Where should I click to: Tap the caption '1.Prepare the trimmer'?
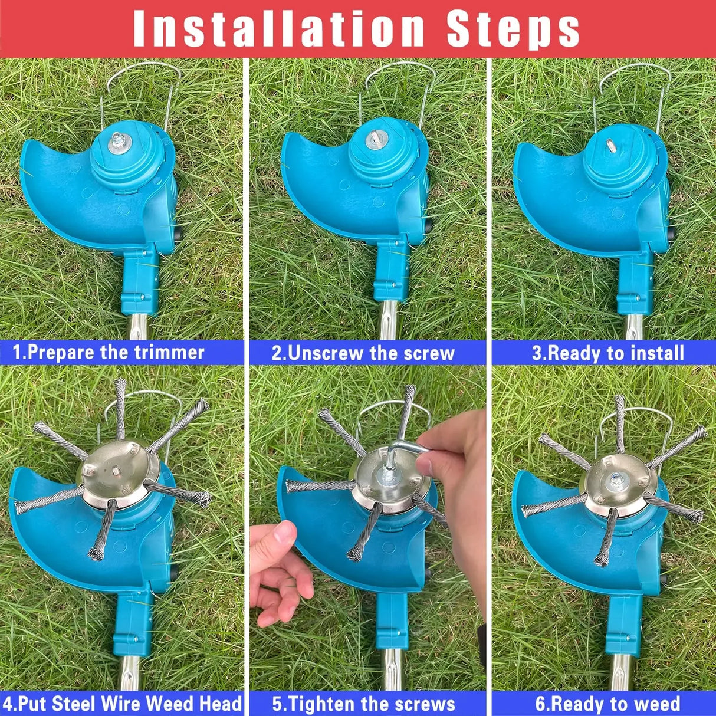pyautogui.click(x=109, y=353)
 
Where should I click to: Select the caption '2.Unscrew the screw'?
pyautogui.click(x=363, y=353)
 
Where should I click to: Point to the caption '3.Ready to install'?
pyautogui.click(x=607, y=353)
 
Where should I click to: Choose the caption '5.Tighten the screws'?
pyautogui.click(x=363, y=704)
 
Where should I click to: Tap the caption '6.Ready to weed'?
pyautogui.click(x=607, y=704)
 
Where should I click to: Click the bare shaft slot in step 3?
pyautogui.click(x=609, y=143)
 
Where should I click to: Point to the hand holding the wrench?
pyautogui.click(x=454, y=466)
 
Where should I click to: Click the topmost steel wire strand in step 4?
pyautogui.click(x=120, y=407)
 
